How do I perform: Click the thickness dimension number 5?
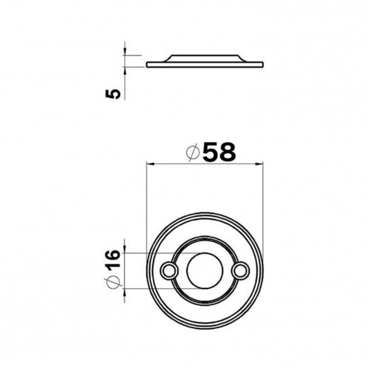pyautogui.click(x=113, y=94)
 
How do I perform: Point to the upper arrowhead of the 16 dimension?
pyautogui.click(x=125, y=249)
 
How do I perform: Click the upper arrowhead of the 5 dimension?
pyautogui.click(x=125, y=51)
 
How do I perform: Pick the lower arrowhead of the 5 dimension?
pyautogui.click(x=125, y=71)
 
